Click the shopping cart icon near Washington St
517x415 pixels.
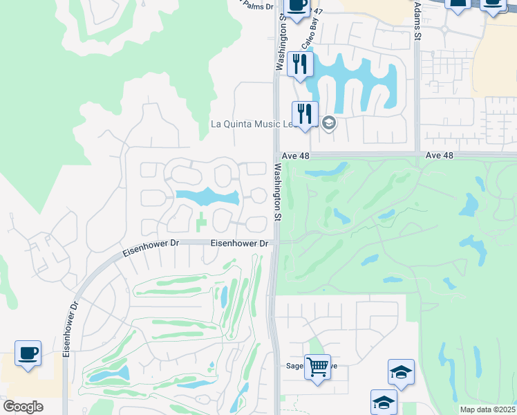pyautogui.click(x=317, y=366)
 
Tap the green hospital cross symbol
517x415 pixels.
pyautogui.click(x=201, y=223)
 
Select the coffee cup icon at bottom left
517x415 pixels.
pyautogui.click(x=28, y=353)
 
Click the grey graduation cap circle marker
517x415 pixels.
pyautogui.click(x=329, y=124)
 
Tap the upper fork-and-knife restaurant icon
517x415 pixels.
pyautogui.click(x=300, y=64)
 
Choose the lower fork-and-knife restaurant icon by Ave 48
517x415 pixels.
pyautogui.click(x=304, y=113)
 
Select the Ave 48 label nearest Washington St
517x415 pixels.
pyautogui.click(x=296, y=156)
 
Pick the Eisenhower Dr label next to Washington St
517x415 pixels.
pyautogui.click(x=239, y=243)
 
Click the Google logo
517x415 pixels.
pyautogui.click(x=23, y=407)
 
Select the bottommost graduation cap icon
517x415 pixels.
pyautogui.click(x=384, y=402)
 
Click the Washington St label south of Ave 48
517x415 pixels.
pyautogui.click(x=277, y=192)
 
